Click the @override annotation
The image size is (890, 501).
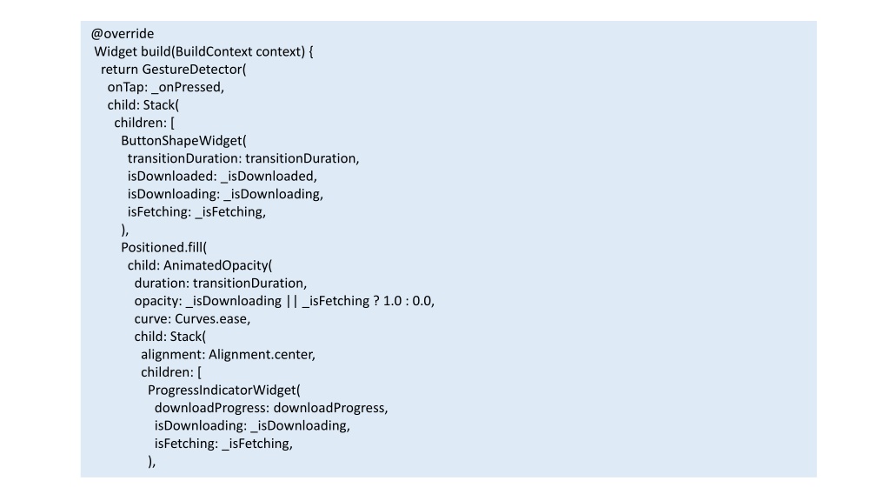pos(122,34)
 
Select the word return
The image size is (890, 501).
pos(119,70)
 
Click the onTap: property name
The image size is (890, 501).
pos(128,88)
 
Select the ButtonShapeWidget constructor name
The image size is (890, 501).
pos(182,141)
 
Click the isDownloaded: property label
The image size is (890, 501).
pos(172,176)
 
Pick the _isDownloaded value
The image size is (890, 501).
pos(267,177)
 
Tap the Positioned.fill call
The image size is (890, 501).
pos(162,248)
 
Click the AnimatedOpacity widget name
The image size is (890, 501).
pos(216,266)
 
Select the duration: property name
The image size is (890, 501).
pos(162,284)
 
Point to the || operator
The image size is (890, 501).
pos(292,301)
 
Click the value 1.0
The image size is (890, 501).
pos(393,301)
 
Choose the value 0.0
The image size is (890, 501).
pos(422,301)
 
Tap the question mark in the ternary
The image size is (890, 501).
pos(376,301)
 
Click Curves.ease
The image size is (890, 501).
pos(210,319)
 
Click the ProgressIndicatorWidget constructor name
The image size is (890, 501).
pos(222,391)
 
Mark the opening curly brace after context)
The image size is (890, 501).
pos(311,51)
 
